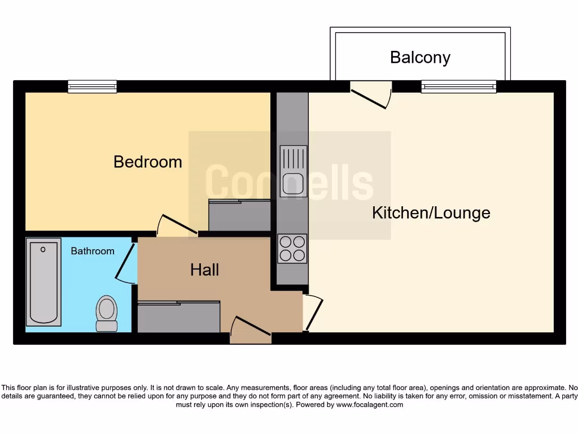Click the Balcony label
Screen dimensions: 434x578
420,58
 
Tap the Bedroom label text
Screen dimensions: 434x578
147,162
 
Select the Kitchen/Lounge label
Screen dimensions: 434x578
431,213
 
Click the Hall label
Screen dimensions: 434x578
204,270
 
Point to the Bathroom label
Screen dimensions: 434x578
92,251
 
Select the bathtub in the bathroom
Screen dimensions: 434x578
43,282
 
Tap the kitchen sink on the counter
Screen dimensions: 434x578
293,171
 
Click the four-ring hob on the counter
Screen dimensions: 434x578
292,248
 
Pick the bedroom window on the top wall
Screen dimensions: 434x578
92,86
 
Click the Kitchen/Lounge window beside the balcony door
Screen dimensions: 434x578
458,86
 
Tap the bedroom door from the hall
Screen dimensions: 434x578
176,225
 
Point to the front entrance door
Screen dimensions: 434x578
251,330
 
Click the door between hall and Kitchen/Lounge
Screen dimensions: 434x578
313,313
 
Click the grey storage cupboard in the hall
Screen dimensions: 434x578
178,317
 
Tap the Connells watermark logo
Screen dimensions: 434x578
289,182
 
